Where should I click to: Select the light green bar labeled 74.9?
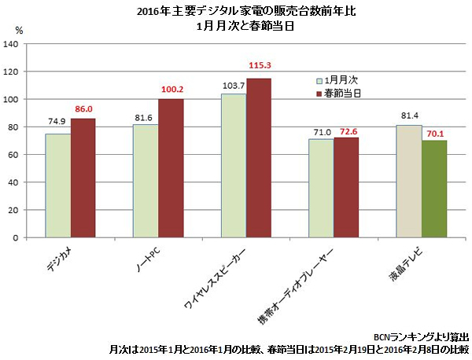tap(57, 186)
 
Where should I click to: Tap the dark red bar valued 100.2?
tap(171, 168)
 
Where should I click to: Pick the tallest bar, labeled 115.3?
tap(259, 157)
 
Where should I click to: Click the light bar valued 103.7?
tap(234, 165)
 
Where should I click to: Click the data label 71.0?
tap(321, 132)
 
